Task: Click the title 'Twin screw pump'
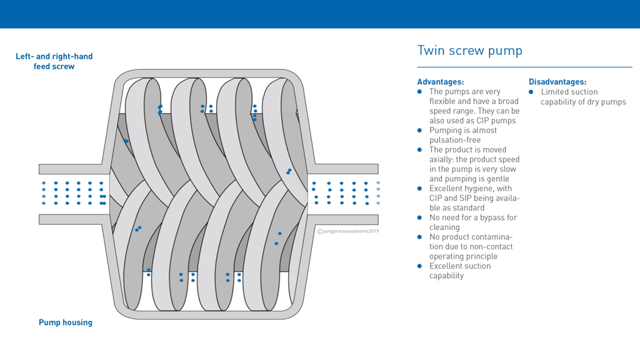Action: pos(469,51)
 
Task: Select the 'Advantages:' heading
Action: pos(440,82)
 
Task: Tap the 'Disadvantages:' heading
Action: pos(557,82)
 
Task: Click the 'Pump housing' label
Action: pos(65,322)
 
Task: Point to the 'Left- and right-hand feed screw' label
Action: pos(54,61)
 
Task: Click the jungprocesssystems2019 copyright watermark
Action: pos(348,231)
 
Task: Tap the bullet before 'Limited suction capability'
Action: pos(532,92)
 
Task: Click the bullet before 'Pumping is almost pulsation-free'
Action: pos(420,131)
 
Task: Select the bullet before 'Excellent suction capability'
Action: pos(420,266)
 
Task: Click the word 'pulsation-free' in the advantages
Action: pos(454,140)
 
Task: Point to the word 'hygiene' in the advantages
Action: pos(479,189)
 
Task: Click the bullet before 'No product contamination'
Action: pos(420,237)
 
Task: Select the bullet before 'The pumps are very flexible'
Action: pos(420,92)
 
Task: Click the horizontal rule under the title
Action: pos(524,67)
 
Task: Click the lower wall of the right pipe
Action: pos(343,219)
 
